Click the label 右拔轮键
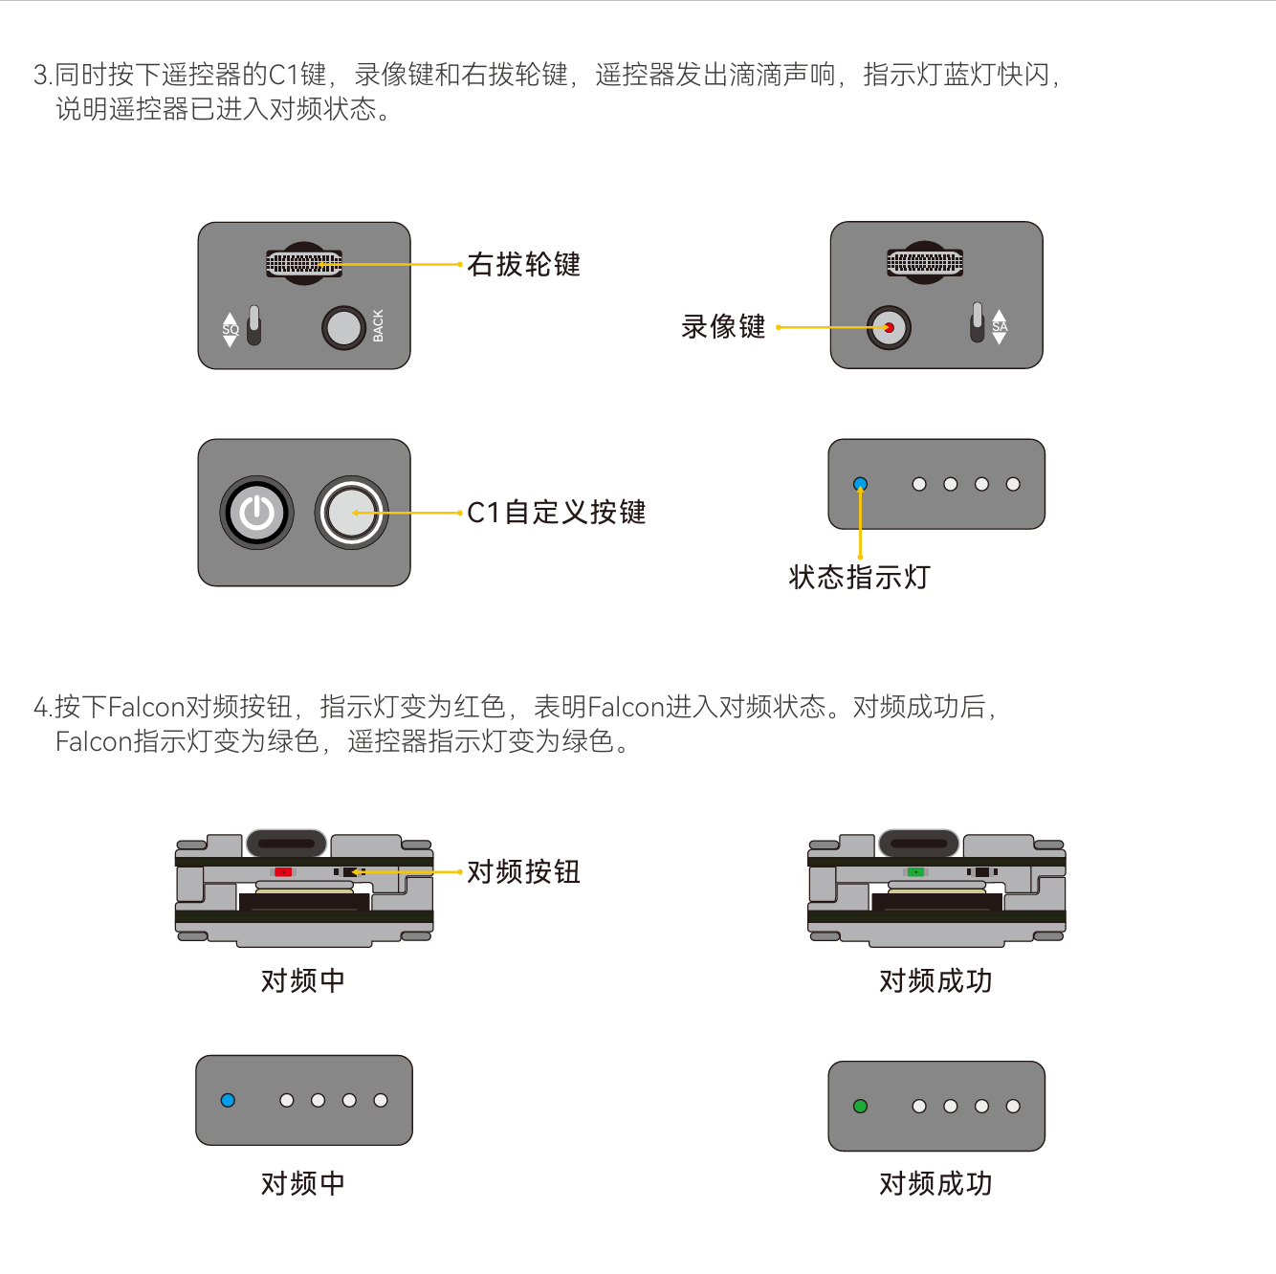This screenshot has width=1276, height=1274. click(x=523, y=264)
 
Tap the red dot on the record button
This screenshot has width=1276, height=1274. click(x=890, y=328)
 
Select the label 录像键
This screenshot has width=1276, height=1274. click(x=723, y=327)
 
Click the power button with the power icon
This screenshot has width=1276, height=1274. click(x=257, y=513)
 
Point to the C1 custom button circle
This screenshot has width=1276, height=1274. click(x=352, y=513)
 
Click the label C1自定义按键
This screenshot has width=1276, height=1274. click(x=557, y=513)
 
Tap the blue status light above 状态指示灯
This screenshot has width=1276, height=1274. click(x=860, y=484)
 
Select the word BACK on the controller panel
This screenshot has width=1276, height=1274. click(x=378, y=326)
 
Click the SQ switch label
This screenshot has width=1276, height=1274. click(x=231, y=329)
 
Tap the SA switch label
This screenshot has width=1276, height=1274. click(x=1000, y=326)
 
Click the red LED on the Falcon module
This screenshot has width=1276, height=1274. click(x=283, y=872)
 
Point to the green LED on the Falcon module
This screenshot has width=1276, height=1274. click(x=915, y=872)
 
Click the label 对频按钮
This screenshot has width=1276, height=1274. click(x=523, y=872)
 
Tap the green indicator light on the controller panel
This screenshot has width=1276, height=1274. click(x=860, y=1106)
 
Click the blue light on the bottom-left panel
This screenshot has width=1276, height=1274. click(x=228, y=1101)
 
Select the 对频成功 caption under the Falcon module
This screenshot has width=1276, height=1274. click(x=935, y=980)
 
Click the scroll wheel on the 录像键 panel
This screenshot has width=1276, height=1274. click(x=925, y=263)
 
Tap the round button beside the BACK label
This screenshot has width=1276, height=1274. click(x=343, y=328)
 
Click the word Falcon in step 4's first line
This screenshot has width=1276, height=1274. click(x=145, y=707)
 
